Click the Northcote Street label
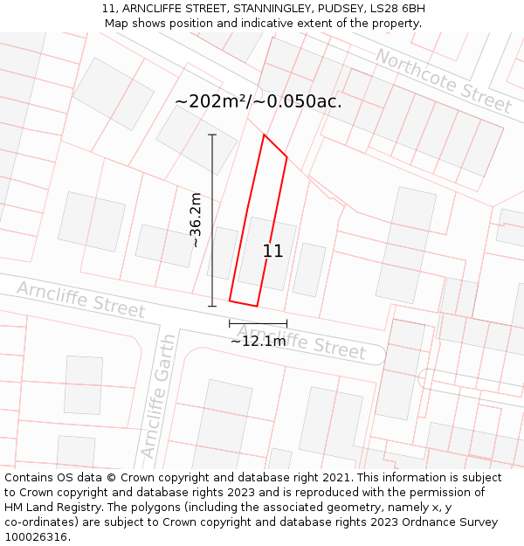pyautogui.click(x=444, y=80)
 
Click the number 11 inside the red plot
pyautogui.click(x=272, y=251)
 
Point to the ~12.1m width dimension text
pyautogui.click(x=258, y=342)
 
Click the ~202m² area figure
pyautogui.click(x=210, y=101)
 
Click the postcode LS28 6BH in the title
pyautogui.click(x=396, y=9)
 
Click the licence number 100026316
pyautogui.click(x=38, y=536)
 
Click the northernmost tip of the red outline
pyautogui.click(x=264, y=135)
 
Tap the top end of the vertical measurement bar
pyautogui.click(x=212, y=135)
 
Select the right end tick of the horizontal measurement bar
pyautogui.click(x=286, y=323)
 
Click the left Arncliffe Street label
pyautogui.click(x=81, y=299)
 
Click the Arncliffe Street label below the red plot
pyautogui.click(x=301, y=342)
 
